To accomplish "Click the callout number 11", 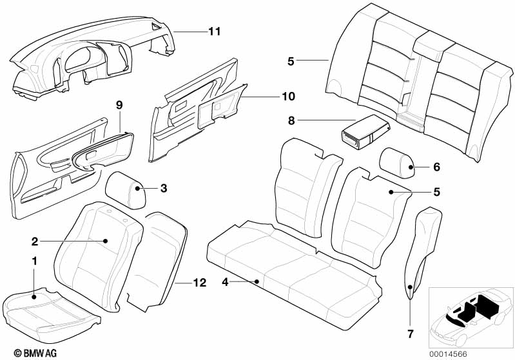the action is [215, 32].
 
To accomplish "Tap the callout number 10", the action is [288, 97].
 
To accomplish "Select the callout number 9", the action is [119, 105].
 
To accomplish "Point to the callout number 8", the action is [291, 121].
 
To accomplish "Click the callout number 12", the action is [200, 283].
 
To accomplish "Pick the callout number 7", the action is [411, 334].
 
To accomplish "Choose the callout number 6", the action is [436, 167].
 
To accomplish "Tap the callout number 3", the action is [164, 188].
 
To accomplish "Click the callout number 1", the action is [34, 261].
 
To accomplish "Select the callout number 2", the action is [35, 242].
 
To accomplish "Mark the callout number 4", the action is [225, 282].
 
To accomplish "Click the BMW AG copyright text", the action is [35, 353].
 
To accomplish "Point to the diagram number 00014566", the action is [448, 354].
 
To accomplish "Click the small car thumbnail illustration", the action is [471, 317].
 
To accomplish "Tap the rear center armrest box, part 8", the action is [365, 132].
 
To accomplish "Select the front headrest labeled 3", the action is [125, 191].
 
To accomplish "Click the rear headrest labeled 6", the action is [397, 163].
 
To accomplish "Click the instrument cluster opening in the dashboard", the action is [81, 59].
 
